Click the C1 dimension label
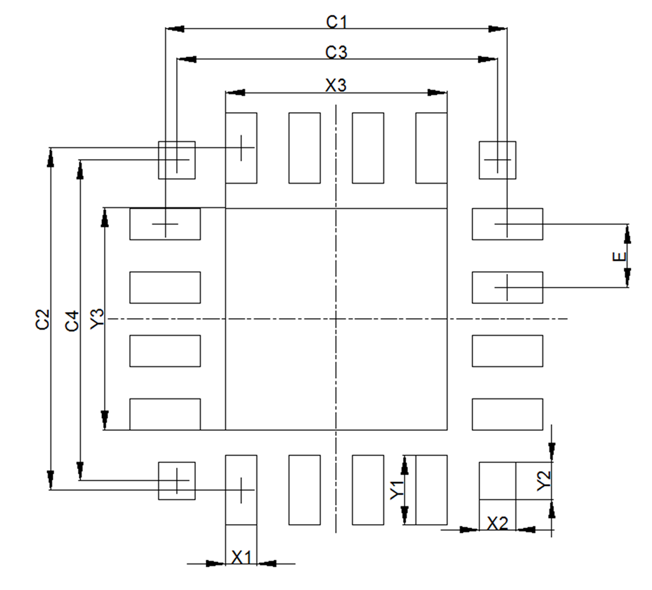(x=337, y=22)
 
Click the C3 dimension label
(x=337, y=52)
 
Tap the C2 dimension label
(x=43, y=319)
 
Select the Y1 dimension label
(x=397, y=490)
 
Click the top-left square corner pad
(x=177, y=160)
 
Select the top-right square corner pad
(x=497, y=160)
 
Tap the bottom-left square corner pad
(x=177, y=481)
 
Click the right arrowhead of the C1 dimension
(x=498, y=29)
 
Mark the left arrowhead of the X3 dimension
(x=234, y=93)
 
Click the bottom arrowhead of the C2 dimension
(x=50, y=480)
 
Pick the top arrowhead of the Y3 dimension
(x=105, y=218)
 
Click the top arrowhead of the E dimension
(x=628, y=232)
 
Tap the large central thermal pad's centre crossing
(x=336, y=319)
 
